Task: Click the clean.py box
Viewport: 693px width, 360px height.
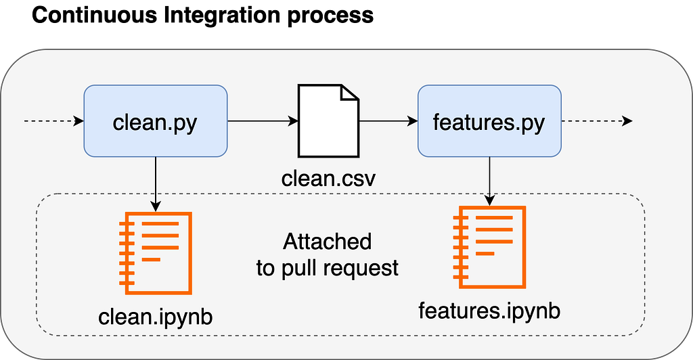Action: (x=156, y=121)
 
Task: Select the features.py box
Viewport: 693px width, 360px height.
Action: (x=489, y=121)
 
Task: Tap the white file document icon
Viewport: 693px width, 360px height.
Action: (x=328, y=121)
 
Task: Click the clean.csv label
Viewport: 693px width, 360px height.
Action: (x=328, y=179)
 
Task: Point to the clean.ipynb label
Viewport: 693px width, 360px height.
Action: (x=156, y=317)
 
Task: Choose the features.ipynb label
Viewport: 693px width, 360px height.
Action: (x=489, y=311)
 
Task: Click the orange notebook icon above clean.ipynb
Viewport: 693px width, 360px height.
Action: (x=156, y=253)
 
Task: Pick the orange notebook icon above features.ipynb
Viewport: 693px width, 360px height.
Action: (x=489, y=247)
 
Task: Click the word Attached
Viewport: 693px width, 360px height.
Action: (x=328, y=242)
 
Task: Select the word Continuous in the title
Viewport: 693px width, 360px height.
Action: (x=94, y=15)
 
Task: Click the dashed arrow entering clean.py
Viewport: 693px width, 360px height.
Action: (x=54, y=120)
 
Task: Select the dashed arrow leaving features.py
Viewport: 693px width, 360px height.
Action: (x=597, y=120)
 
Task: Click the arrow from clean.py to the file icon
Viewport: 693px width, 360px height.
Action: (x=263, y=120)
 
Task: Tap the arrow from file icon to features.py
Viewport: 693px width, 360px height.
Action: (x=388, y=120)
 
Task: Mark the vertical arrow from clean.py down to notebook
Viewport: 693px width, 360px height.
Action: (x=156, y=184)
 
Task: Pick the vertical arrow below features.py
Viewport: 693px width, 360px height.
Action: (x=489, y=181)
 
